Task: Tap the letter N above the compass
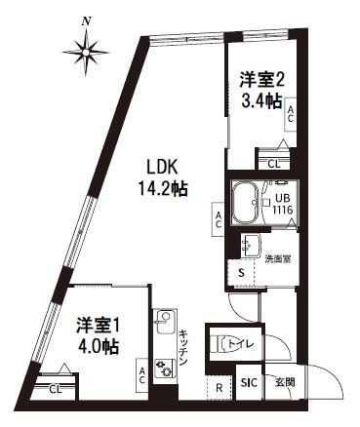88,19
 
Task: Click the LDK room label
161,167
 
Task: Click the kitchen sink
165,318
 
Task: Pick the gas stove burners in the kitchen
165,367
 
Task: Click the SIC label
250,381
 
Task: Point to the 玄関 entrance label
285,381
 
